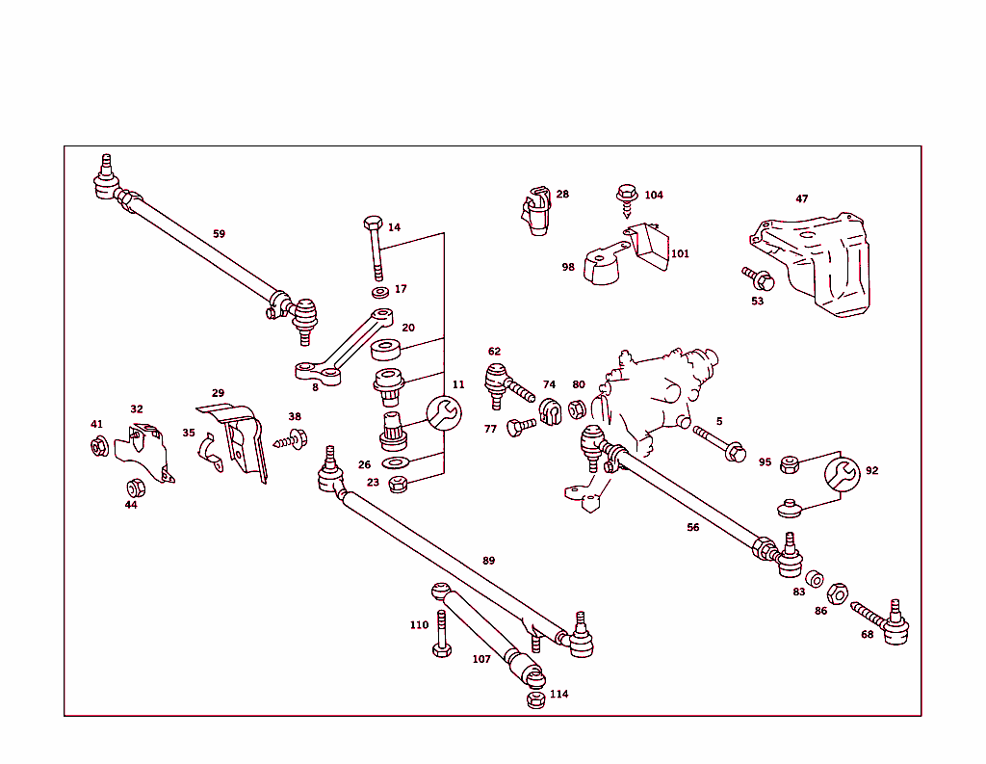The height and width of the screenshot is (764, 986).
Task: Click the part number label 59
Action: coord(219,234)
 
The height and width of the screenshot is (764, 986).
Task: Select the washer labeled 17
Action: coord(379,291)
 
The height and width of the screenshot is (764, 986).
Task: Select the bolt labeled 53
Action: coord(760,279)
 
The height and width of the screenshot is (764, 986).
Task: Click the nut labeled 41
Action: coord(98,446)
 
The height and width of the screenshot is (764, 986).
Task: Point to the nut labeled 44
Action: coord(135,486)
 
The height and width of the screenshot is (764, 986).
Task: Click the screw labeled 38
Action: coord(293,439)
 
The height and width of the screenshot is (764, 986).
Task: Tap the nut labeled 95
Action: coord(789,464)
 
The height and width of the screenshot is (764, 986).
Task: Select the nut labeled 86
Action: coord(838,593)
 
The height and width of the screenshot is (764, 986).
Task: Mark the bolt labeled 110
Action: coord(441,635)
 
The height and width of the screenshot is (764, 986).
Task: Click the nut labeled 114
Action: coord(535,699)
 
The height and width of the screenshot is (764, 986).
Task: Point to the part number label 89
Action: coord(489,561)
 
